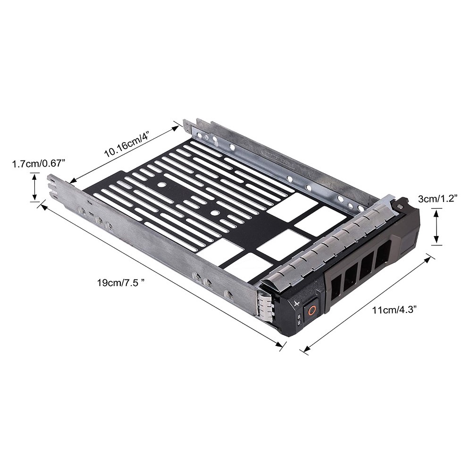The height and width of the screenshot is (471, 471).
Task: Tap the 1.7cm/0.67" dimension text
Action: pos(38,164)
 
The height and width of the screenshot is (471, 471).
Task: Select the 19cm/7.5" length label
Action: pos(121,283)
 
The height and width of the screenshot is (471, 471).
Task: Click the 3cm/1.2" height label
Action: pos(438,199)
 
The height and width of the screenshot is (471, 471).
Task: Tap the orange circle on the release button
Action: pos(311,310)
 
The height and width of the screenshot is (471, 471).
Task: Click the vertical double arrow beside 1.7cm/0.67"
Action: pos(35,186)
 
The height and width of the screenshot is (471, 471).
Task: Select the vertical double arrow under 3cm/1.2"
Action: pos(437,226)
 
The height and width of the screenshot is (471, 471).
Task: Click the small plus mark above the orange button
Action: pos(297,303)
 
